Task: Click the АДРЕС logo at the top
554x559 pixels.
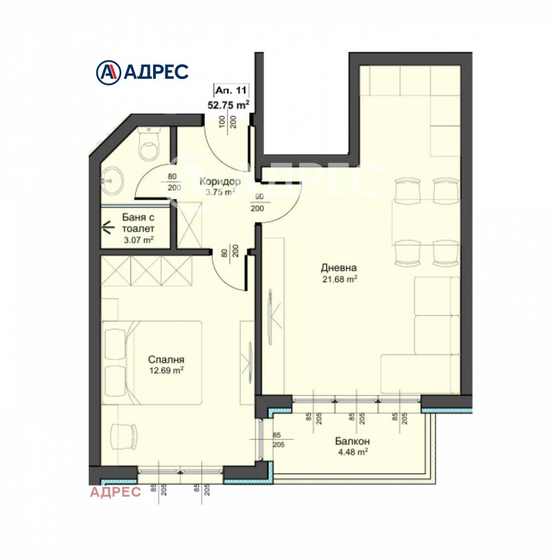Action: pos(141,71)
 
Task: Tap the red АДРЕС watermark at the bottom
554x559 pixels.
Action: pos(116,492)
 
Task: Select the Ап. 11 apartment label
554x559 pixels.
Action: pos(230,91)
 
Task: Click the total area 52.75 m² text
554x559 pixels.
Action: pos(229,105)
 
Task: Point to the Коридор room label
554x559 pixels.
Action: pos(217,181)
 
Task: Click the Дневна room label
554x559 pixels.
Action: pos(338,268)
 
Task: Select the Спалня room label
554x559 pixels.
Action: pos(166,360)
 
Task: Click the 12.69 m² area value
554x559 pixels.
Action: pos(166,371)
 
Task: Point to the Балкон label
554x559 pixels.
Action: pos(352,441)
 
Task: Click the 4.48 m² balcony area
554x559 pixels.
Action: pos(352,453)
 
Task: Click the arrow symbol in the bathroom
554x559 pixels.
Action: pos(109,226)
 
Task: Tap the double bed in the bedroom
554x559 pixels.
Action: pos(154,362)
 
